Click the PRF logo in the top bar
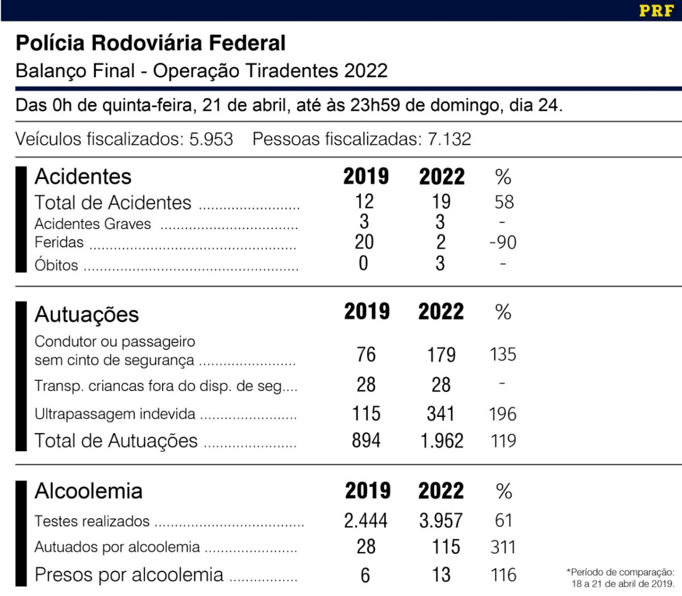pyautogui.click(x=656, y=10)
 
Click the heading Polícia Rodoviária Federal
pyautogui.click(x=151, y=43)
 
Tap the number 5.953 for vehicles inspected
pyautogui.click(x=211, y=139)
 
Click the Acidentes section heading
pyautogui.click(x=83, y=177)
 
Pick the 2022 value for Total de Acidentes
pyautogui.click(x=441, y=201)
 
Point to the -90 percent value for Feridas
pyautogui.click(x=503, y=243)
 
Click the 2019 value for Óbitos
pyautogui.click(x=364, y=264)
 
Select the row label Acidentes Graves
pyautogui.click(x=93, y=224)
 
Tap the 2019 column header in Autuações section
pyautogui.click(x=367, y=311)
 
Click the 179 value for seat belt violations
pyautogui.click(x=441, y=355)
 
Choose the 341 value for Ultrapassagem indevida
pyautogui.click(x=440, y=414)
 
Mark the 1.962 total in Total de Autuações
pyautogui.click(x=442, y=441)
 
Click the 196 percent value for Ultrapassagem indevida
pyautogui.click(x=502, y=414)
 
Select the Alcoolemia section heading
pyautogui.click(x=88, y=491)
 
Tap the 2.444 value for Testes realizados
pyautogui.click(x=365, y=520)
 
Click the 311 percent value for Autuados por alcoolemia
pyautogui.click(x=503, y=547)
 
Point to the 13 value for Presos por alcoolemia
pyautogui.click(x=441, y=574)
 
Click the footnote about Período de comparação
pyautogui.click(x=621, y=578)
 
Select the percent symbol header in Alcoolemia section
pyautogui.click(x=504, y=491)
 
